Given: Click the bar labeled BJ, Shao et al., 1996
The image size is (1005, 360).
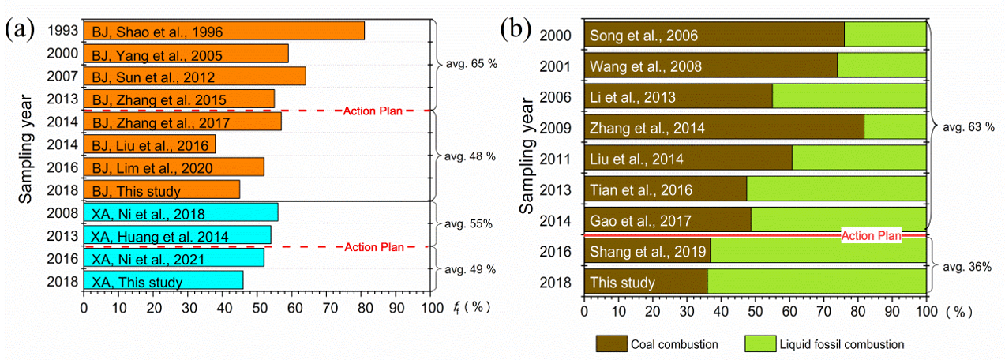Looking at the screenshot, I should point(223,31).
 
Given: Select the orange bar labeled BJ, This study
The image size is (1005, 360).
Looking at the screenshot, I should point(161,190).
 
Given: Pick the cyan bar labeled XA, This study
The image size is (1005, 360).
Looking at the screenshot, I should point(163,281).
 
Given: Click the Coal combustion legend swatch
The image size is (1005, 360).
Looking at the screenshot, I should point(611,343).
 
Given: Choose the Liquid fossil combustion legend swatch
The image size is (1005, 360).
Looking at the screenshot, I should point(759,343).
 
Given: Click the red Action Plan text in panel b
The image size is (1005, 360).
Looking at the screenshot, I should point(871,235).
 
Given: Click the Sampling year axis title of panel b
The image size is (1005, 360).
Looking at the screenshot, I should point(528,158).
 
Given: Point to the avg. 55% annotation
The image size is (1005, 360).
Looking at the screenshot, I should point(469,224).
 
